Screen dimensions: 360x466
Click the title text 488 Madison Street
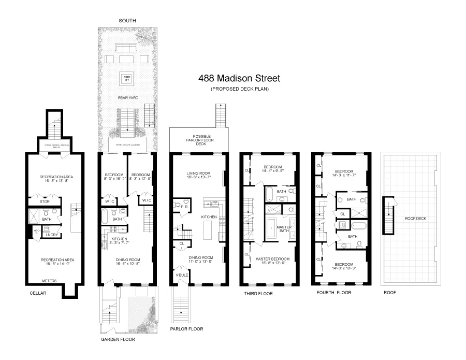(x=239, y=79)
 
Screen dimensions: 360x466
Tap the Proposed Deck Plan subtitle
(x=239, y=89)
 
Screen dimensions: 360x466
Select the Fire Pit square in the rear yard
(x=126, y=78)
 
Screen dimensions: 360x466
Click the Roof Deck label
(x=415, y=219)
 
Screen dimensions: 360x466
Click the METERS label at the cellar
(x=50, y=281)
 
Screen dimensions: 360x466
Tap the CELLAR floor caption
(x=38, y=293)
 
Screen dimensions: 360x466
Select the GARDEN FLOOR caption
(x=118, y=340)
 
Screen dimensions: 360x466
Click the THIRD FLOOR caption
(x=258, y=294)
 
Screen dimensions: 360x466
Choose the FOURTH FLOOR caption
(x=333, y=293)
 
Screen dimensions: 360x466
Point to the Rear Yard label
(x=126, y=97)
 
